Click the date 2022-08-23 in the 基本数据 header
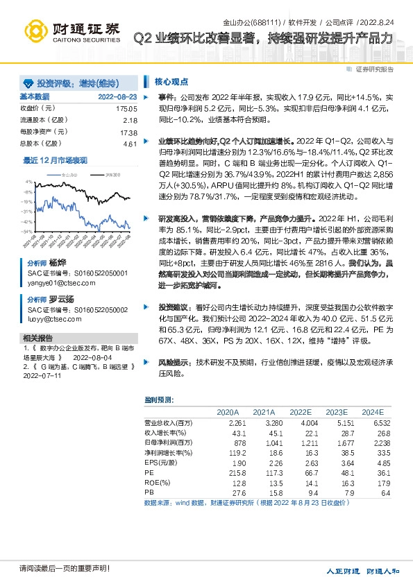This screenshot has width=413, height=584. click(x=117, y=96)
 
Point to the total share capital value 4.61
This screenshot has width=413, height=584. click(x=130, y=144)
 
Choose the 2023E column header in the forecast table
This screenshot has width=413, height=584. click(x=337, y=412)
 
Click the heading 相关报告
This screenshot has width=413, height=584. click(x=33, y=338)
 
